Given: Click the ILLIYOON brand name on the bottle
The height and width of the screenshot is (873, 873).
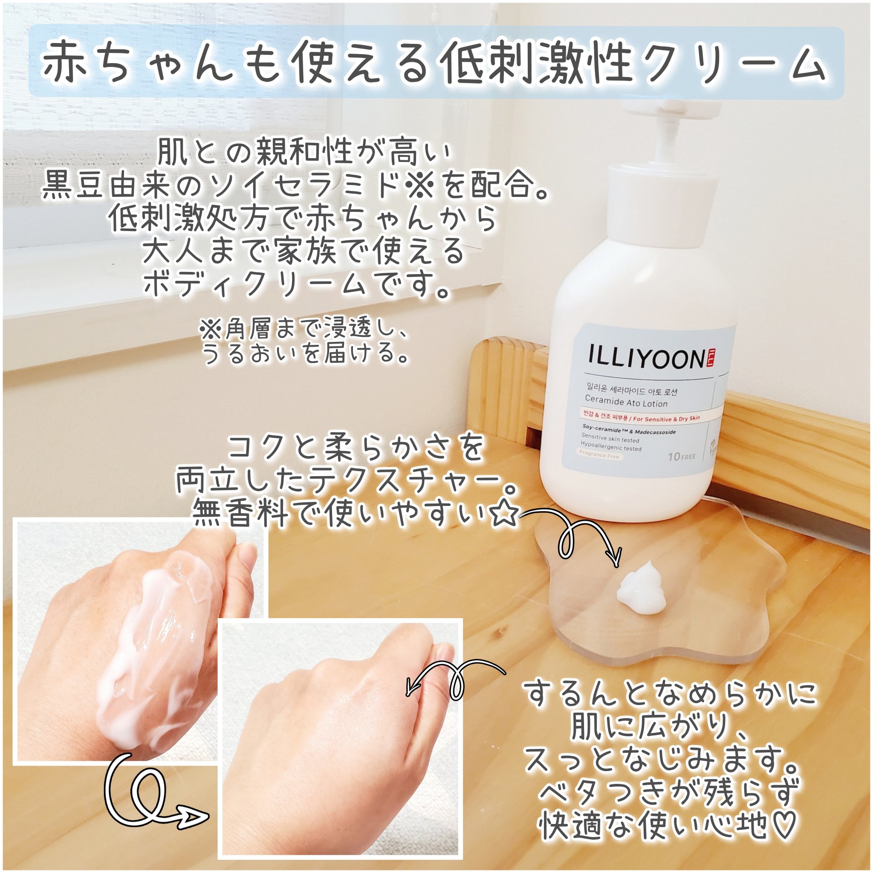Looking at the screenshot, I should click(x=645, y=358).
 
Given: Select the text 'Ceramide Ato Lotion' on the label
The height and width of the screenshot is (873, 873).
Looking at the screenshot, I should click(x=626, y=402).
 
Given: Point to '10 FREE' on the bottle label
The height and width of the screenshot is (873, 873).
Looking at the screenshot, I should click(x=682, y=457).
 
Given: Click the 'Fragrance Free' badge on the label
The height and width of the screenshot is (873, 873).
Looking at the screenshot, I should click(x=599, y=456).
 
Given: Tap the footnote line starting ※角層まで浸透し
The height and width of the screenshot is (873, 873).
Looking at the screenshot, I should click(x=304, y=330).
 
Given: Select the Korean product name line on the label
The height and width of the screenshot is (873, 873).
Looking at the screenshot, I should click(x=631, y=390).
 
